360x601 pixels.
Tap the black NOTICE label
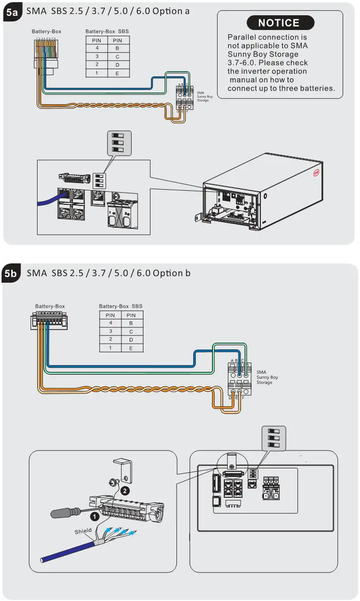(279, 23)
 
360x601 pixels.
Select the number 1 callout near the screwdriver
(95, 517)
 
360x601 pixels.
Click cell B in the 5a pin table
(117, 48)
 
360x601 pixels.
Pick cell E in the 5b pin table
(131, 348)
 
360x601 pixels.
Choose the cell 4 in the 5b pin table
(110, 323)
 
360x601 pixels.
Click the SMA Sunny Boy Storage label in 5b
(267, 377)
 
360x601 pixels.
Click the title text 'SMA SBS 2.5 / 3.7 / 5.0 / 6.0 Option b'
(108, 273)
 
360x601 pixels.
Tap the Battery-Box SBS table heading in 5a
(107, 32)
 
